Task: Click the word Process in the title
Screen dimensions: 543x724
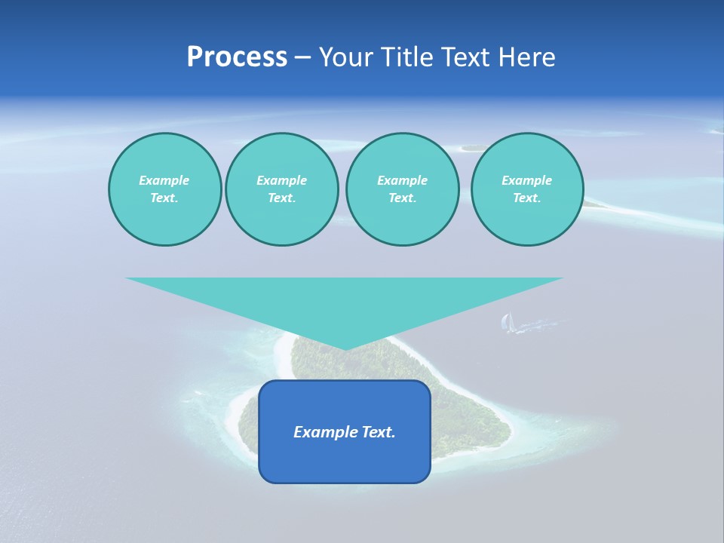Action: [237, 57]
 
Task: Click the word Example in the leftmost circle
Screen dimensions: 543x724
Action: [164, 180]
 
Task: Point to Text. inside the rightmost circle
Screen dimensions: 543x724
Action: [527, 198]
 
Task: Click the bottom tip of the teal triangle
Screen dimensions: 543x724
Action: [345, 348]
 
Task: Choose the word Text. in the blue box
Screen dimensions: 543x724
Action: [379, 432]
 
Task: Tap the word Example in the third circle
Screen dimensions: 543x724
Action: [402, 180]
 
